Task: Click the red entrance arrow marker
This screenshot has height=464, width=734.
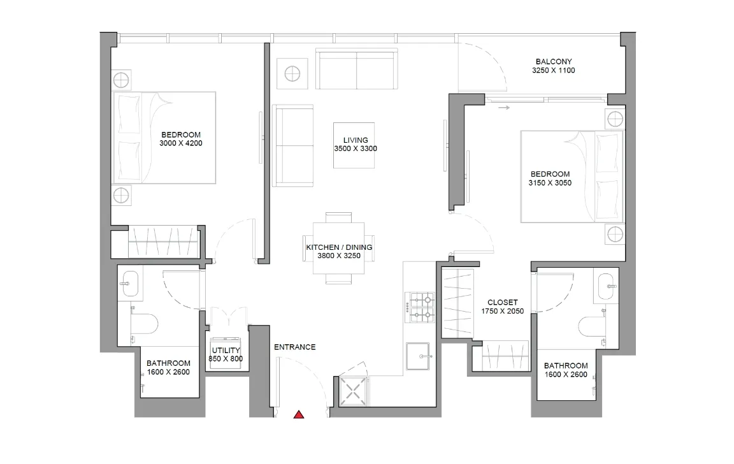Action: [x=298, y=415]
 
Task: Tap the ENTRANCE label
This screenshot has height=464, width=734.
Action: [x=294, y=347]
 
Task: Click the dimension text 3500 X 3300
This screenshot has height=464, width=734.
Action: [x=356, y=149]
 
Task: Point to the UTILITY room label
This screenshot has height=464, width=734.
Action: [x=226, y=351]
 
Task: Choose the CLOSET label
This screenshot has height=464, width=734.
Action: [x=503, y=303]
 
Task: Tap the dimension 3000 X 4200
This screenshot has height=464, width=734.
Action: [x=181, y=143]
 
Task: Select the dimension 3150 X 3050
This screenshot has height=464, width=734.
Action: [x=550, y=183]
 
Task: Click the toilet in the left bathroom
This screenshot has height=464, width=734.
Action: [x=147, y=324]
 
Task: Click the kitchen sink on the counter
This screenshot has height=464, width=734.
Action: [x=419, y=352]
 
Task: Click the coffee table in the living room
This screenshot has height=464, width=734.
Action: [x=354, y=145]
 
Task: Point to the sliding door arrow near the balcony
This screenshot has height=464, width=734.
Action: [x=504, y=108]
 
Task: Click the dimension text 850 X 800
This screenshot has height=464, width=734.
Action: [x=226, y=359]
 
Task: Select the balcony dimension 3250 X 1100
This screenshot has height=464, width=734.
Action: [x=553, y=71]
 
